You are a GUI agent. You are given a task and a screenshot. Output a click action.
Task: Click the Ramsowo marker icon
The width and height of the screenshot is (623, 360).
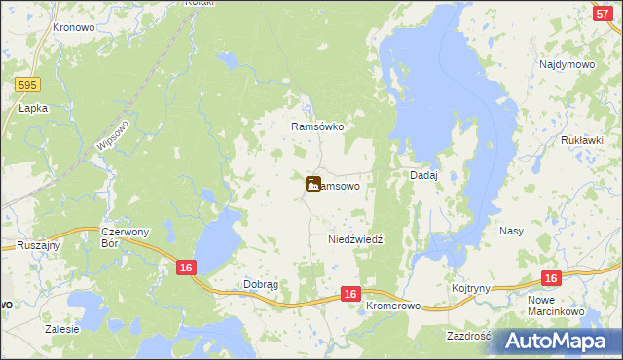[312, 183]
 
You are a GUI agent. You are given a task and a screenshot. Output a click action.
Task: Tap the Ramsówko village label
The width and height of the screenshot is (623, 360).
[318, 126]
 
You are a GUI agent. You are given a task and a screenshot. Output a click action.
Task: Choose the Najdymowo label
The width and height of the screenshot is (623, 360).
[567, 64]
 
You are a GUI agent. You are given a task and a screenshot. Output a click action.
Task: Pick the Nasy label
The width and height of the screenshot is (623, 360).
[512, 231]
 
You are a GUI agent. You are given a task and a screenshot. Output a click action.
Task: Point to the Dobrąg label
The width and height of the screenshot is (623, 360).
[260, 285]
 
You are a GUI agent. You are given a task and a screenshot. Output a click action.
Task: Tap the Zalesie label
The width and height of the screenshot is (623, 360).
[61, 329]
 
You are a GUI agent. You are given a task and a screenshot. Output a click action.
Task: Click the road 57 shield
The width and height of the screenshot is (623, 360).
[602, 12]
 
